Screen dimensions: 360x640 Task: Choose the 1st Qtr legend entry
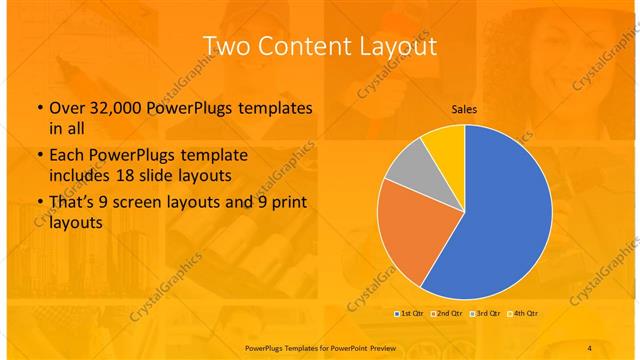[409, 313]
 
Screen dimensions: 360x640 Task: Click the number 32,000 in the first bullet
[119, 107]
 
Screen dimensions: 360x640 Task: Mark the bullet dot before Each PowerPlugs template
[38, 155]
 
